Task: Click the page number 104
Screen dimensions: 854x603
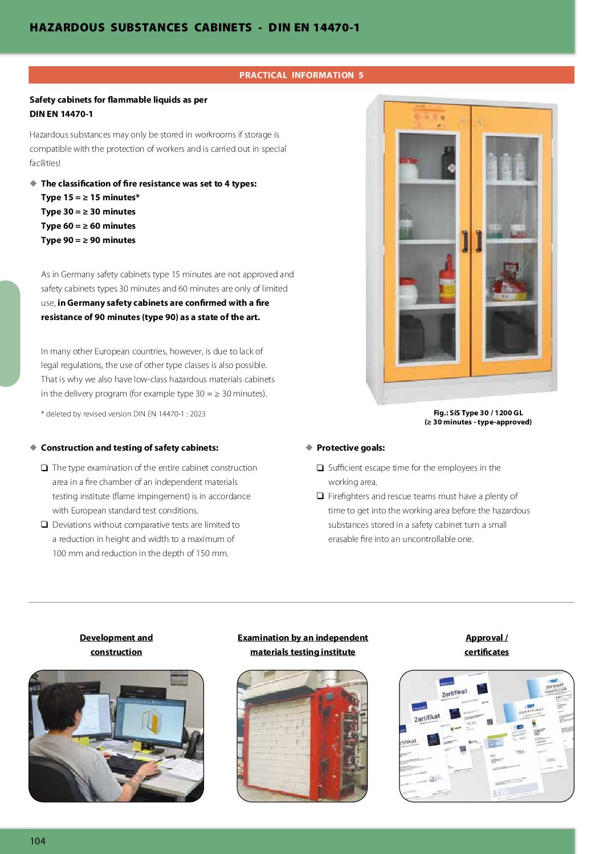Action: [38, 841]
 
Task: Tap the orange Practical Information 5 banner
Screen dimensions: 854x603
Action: [301, 75]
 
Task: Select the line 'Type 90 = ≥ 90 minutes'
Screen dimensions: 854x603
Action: [88, 240]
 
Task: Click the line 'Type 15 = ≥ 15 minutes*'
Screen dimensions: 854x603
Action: [90, 197]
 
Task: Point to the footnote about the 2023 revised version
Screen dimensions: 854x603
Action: [123, 414]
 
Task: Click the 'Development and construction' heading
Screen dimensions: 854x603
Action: [116, 645]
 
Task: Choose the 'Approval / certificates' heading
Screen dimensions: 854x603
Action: [486, 645]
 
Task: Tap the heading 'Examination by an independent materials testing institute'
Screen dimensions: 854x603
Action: [303, 645]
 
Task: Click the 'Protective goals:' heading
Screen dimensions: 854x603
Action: [351, 448]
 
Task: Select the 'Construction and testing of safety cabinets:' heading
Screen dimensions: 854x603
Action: [129, 448]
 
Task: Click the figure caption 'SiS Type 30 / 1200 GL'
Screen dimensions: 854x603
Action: [478, 413]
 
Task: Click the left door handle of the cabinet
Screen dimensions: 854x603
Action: [465, 241]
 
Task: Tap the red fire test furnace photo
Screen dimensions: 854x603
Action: [302, 736]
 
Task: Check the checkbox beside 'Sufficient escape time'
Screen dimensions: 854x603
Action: [320, 468]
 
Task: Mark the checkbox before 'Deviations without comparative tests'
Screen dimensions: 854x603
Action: [44, 525]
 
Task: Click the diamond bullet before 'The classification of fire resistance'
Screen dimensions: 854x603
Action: [34, 183]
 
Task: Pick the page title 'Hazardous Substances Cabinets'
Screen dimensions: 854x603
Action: [141, 27]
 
